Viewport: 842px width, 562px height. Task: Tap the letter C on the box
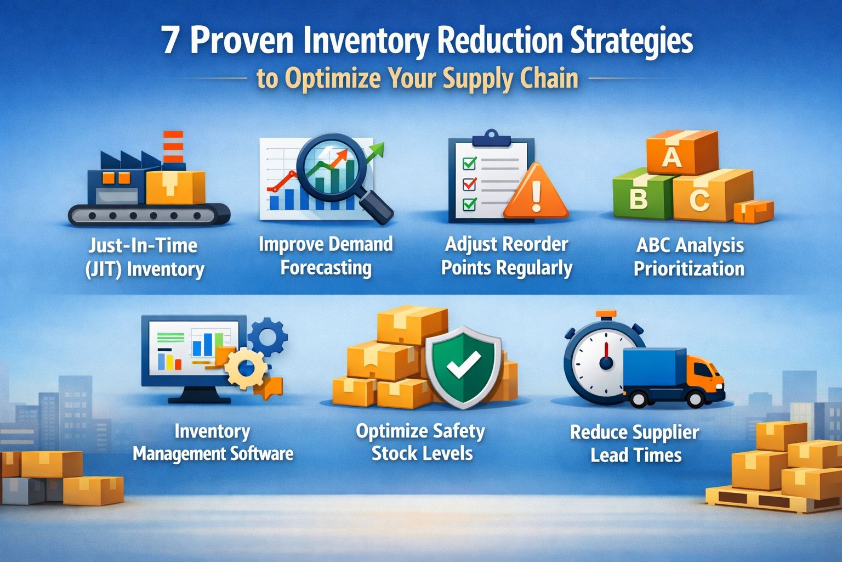(x=699, y=200)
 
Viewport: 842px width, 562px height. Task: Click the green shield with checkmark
(x=463, y=366)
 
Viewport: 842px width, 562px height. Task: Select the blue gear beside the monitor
(x=268, y=336)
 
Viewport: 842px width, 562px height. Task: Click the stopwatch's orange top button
(x=606, y=314)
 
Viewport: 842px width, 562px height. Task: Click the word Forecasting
(x=326, y=268)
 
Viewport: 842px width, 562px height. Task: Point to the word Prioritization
(x=689, y=269)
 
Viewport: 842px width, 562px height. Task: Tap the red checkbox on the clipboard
(x=470, y=183)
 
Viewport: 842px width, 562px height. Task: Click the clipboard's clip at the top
(x=491, y=138)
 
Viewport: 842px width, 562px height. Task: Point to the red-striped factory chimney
(x=173, y=147)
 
